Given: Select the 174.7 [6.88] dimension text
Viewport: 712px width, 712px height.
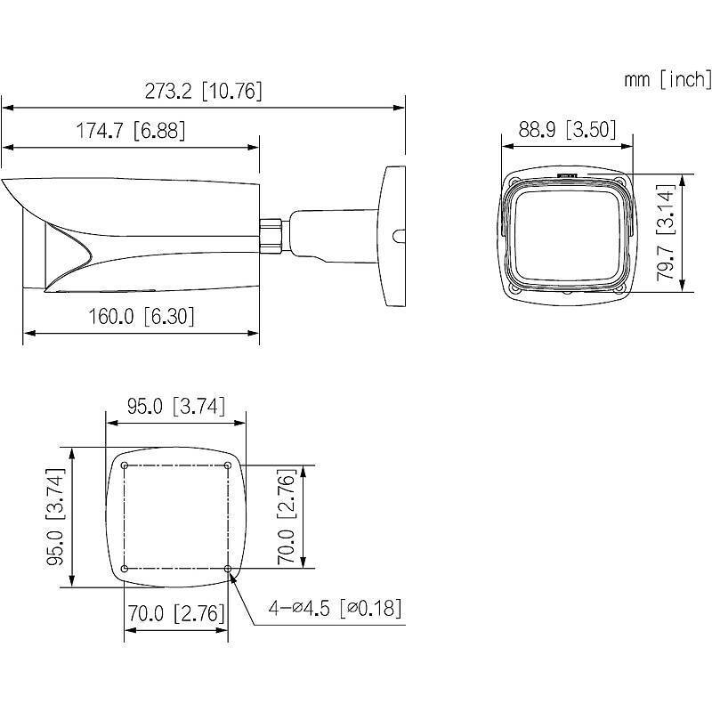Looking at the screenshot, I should (x=131, y=131).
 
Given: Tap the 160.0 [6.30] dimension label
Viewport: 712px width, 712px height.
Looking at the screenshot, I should (x=142, y=316).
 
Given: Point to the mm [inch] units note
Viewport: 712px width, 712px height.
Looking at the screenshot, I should (x=667, y=80).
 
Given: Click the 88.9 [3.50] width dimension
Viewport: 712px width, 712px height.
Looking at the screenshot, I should (x=568, y=130).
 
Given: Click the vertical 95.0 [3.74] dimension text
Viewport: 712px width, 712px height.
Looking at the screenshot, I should (x=54, y=517).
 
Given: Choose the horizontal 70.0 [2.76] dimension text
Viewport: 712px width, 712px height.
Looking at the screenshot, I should (x=174, y=613).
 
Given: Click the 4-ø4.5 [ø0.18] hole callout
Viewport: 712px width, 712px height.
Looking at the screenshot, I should (x=334, y=609).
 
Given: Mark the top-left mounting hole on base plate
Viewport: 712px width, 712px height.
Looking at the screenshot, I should (x=125, y=465).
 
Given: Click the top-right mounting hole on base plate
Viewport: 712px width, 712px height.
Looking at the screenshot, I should (x=228, y=465).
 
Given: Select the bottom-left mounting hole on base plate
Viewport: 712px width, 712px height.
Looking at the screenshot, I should (x=125, y=568).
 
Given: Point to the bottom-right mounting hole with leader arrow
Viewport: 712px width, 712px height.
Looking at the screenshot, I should (x=228, y=568).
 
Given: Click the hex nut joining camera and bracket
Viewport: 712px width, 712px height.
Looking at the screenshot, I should (x=271, y=233).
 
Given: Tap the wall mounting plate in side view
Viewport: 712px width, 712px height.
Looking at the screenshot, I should (x=392, y=236).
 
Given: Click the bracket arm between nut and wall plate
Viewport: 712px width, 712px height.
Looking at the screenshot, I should (x=329, y=233).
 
